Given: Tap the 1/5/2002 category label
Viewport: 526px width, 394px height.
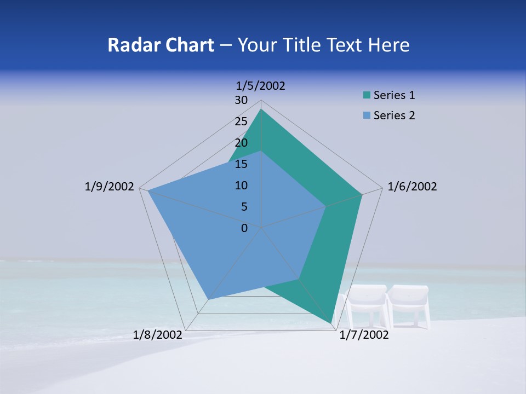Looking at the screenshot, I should coord(261,85).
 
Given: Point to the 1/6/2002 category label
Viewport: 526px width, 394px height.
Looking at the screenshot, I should coord(412,187).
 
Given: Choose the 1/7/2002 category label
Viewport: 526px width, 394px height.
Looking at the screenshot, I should coord(364,335).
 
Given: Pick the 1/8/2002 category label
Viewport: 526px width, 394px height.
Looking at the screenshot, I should coord(158,335).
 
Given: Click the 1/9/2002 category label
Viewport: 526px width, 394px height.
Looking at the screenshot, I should coord(109,187).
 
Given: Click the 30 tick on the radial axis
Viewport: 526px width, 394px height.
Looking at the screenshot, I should coord(241,100).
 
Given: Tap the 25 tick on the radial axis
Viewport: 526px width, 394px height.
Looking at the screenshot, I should coord(241,121).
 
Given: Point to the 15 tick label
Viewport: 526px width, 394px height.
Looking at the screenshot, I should coord(241,164).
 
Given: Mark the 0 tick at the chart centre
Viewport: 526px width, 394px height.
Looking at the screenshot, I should coord(244,228).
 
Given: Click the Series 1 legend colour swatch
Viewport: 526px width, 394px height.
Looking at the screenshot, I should coord(367,96).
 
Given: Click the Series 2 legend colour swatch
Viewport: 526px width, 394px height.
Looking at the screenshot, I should coord(367,115).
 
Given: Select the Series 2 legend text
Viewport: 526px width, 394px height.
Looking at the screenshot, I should coord(394,115).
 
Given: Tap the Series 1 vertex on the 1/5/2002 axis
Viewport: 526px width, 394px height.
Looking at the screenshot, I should coord(261,109).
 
